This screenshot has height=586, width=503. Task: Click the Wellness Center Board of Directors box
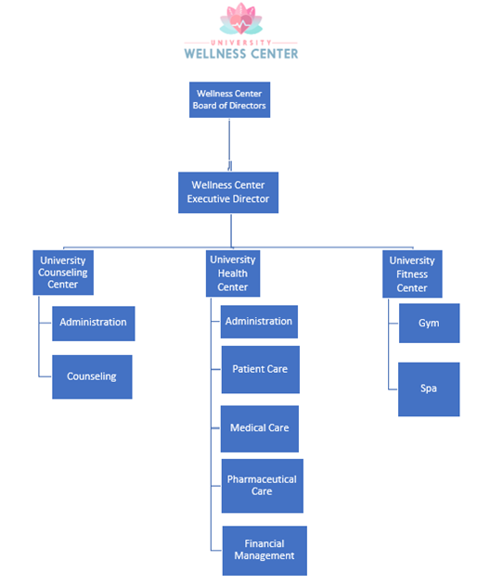(x=229, y=100)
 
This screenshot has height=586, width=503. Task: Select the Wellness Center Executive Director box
(x=228, y=193)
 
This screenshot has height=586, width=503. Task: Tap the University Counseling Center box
(x=63, y=273)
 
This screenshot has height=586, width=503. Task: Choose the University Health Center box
(x=233, y=274)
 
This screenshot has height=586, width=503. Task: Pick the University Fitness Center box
(x=412, y=274)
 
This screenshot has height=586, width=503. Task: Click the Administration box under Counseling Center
(x=94, y=324)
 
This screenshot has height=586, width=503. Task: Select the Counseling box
(x=92, y=376)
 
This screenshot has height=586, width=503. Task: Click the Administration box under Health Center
(x=259, y=322)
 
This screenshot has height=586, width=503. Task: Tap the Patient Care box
(x=261, y=370)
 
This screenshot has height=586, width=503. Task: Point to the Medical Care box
(x=260, y=428)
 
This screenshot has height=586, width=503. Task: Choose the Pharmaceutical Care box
(x=263, y=486)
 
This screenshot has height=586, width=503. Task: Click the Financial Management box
(x=264, y=551)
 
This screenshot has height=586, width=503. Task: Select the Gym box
(x=430, y=324)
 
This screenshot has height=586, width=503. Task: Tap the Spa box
(x=429, y=389)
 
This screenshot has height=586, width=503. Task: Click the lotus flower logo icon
(x=241, y=19)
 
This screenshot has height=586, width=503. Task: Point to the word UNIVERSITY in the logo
(x=241, y=43)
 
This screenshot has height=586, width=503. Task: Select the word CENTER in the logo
(x=275, y=54)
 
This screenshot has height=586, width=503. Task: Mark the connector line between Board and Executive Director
(x=229, y=145)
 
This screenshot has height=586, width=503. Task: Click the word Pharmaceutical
(x=262, y=479)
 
